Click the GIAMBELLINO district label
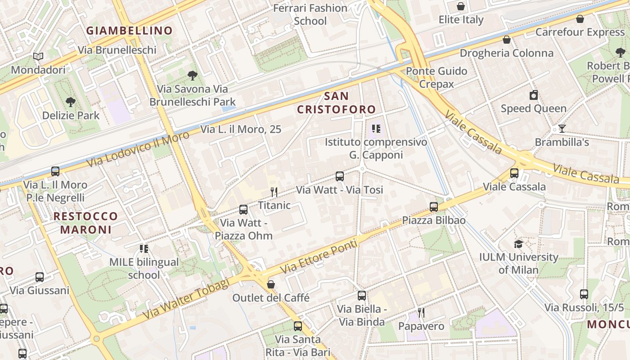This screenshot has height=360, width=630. (x=129, y=31)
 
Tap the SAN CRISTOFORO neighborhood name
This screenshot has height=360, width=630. (x=336, y=103)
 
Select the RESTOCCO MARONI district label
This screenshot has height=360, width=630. (x=85, y=223)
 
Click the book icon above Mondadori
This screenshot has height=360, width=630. (x=39, y=57)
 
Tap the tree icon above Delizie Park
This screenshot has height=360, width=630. (x=71, y=102)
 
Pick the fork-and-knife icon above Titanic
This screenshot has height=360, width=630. (x=274, y=192)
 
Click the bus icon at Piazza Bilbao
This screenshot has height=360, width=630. (x=434, y=207)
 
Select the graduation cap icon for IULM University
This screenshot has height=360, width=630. (x=519, y=244)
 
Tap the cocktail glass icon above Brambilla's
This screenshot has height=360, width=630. (x=562, y=129)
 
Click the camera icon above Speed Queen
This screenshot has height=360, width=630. (x=534, y=95)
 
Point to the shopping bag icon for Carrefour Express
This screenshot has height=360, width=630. (x=580, y=19)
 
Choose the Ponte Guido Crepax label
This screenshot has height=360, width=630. (x=436, y=77)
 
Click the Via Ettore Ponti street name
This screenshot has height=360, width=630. (x=319, y=257)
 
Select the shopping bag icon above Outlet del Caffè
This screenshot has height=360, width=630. (x=271, y=284)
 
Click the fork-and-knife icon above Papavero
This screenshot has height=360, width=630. (x=421, y=313)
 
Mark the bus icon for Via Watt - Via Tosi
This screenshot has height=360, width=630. (x=340, y=176)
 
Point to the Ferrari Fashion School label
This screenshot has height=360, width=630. (x=310, y=14)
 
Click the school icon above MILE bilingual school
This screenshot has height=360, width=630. (x=144, y=249)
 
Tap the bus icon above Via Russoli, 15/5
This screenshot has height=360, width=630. (x=584, y=294)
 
